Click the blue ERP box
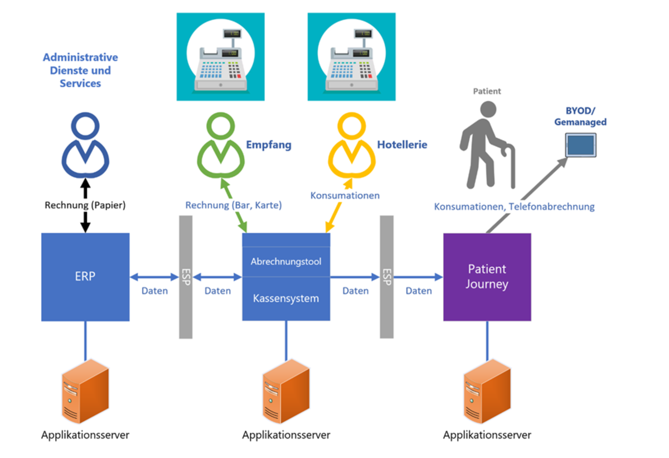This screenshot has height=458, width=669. pos(85,277)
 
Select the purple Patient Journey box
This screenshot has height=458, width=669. pos(487,277)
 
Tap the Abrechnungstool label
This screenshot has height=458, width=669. pos(286,261)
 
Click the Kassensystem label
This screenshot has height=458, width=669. pos(286,298)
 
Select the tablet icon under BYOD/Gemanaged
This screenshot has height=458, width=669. pos(580,146)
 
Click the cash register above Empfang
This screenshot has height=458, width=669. pos(221,57)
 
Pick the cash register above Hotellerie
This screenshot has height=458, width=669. pos(352,57)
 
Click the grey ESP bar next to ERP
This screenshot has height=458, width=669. pos(186,277)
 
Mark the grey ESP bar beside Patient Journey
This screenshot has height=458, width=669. pos(386,277)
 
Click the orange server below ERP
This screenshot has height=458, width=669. pos(85,392)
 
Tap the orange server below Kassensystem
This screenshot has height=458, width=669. pos(286,392)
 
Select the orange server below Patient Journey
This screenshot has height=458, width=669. pos(487,392)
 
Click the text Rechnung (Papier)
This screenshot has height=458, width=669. pos(85,205)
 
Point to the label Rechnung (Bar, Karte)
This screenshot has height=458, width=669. pos(234,205)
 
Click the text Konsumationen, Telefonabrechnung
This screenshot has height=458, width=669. pos(514,207)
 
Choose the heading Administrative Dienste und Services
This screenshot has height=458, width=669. pos(80,71)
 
